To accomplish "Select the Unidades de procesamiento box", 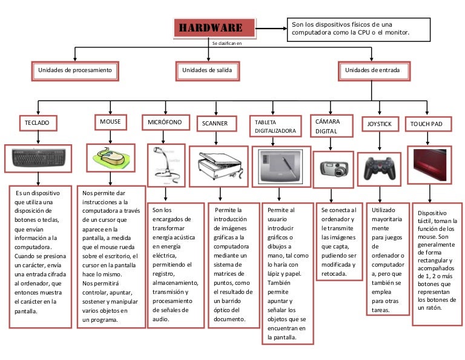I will (75, 71).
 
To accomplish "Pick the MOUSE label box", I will (111, 122).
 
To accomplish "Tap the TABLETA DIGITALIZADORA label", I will (276, 126).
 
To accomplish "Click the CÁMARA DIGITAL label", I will (331, 125).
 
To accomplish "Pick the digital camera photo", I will (331, 167).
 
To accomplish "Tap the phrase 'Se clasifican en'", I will (226, 44).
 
